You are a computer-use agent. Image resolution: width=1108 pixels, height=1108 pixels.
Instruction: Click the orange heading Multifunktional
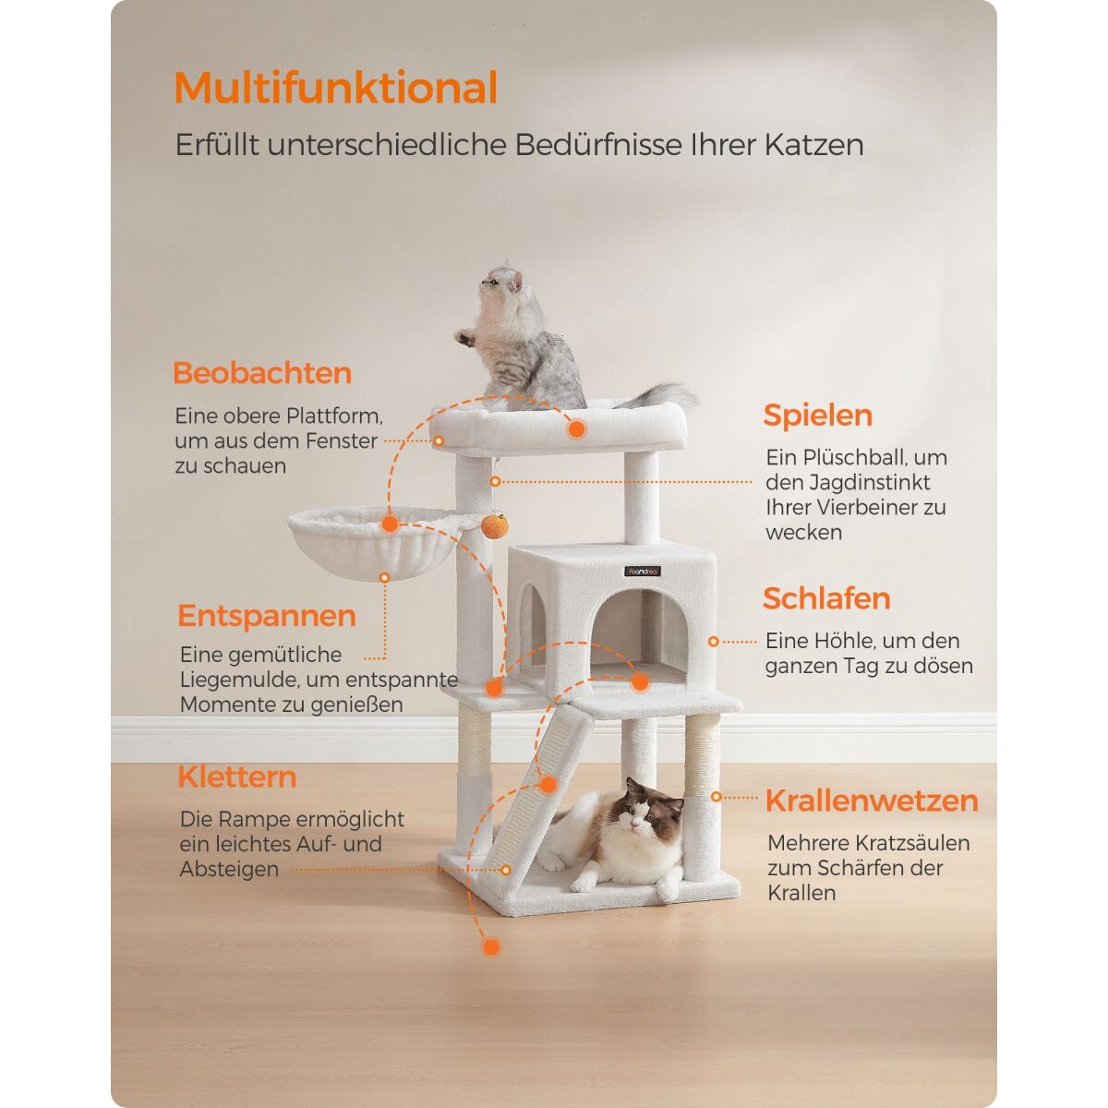(336, 88)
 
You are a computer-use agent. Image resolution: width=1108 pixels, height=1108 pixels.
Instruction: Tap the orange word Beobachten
(262, 373)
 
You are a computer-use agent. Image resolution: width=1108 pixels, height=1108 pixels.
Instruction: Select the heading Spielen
(818, 416)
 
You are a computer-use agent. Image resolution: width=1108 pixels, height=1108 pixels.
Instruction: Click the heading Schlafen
(826, 599)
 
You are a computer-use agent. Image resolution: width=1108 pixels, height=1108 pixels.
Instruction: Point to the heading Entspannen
(267, 617)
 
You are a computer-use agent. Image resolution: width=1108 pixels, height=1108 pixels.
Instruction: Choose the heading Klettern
(237, 777)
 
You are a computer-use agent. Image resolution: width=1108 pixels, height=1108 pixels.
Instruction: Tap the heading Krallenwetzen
(872, 801)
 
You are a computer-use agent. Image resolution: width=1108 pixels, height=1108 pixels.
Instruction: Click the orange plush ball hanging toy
(495, 525)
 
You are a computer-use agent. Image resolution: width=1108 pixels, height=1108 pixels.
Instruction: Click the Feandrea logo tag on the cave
(643, 571)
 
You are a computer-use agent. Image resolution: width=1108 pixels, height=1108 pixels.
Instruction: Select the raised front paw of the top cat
(464, 337)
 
